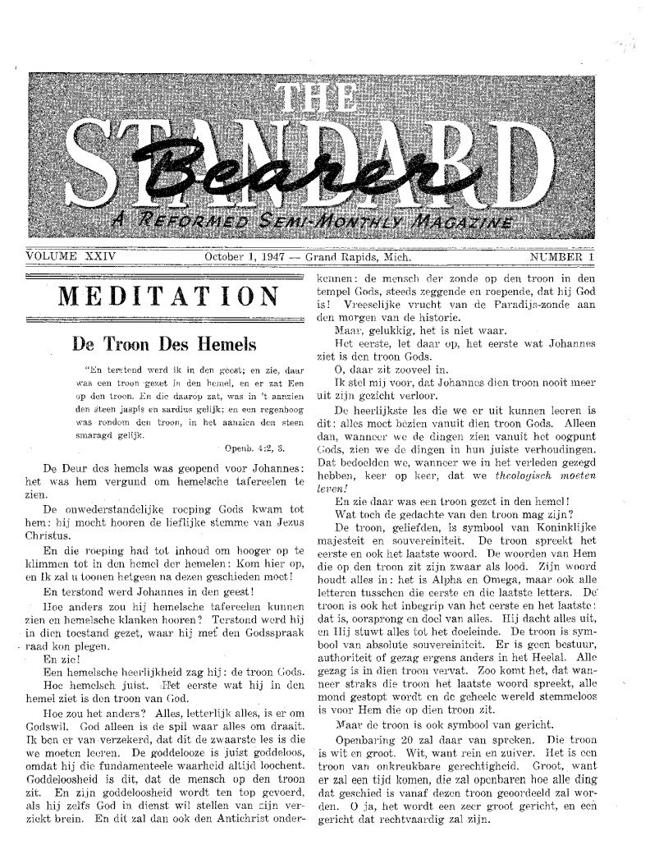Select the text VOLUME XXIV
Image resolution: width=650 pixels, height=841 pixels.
72,257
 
